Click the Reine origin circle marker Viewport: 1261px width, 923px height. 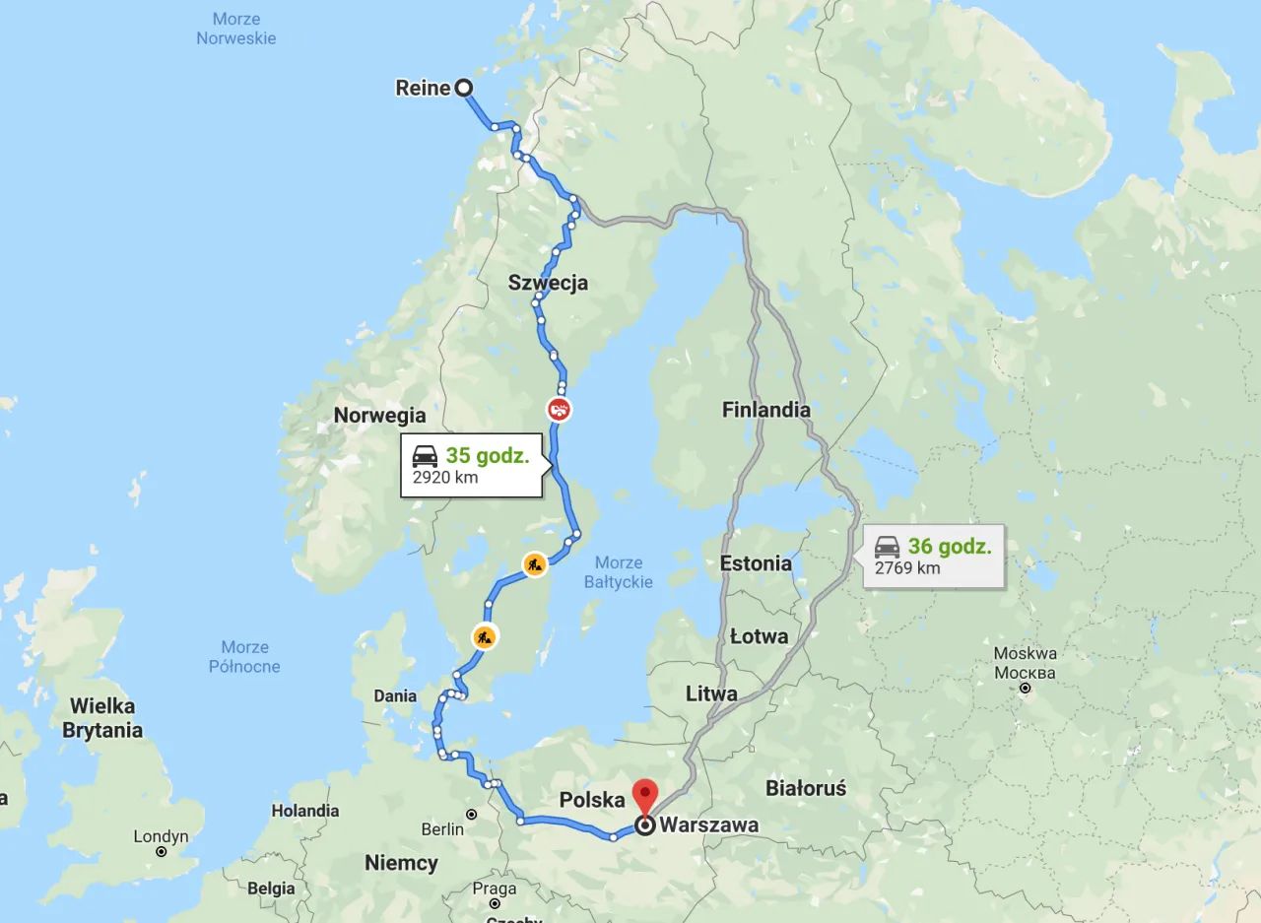pos(463,88)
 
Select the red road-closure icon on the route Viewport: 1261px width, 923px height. pos(559,408)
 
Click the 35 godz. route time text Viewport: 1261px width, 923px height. pos(487,456)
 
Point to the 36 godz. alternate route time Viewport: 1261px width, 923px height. pos(950,547)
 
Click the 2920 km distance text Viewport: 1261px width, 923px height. pos(445,478)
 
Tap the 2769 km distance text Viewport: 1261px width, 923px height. pos(907,567)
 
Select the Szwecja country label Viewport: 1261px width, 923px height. pos(548,283)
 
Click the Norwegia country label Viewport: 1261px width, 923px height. pos(379,415)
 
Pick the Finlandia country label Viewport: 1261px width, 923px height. pos(765,410)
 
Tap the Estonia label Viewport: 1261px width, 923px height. pos(756,563)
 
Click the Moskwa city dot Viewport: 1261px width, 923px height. pos(1025,689)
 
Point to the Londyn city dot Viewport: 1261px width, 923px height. pos(162,851)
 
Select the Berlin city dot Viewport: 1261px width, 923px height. pos(472,815)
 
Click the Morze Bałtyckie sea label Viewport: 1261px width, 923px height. pos(619,572)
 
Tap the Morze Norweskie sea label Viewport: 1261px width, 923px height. pos(236,29)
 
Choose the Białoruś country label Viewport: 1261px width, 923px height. pos(806,788)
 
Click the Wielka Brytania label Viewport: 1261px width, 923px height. pos(102,718)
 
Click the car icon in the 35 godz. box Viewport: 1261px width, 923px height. pos(425,456)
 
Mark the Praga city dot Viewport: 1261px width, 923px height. pos(495,903)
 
